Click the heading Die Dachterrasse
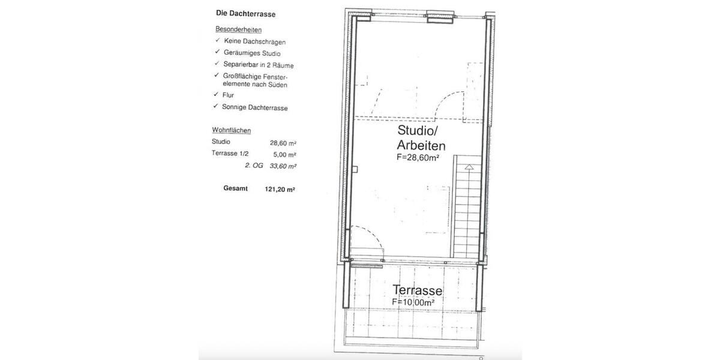(245, 14)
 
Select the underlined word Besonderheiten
(239, 29)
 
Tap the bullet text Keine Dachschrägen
(255, 41)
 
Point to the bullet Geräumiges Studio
(252, 53)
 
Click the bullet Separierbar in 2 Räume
(259, 65)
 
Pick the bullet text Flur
(228, 95)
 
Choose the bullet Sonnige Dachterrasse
(255, 107)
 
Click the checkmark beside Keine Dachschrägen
(218, 40)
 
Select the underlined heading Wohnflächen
(232, 130)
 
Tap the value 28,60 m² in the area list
(283, 143)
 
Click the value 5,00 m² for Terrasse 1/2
(284, 155)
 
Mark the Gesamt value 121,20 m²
(280, 190)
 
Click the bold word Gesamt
(235, 188)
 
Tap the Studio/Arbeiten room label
(421, 138)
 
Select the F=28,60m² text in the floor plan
(418, 157)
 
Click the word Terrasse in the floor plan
(417, 290)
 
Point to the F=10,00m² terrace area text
(413, 302)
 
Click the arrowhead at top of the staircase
(469, 167)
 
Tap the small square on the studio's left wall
(355, 169)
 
